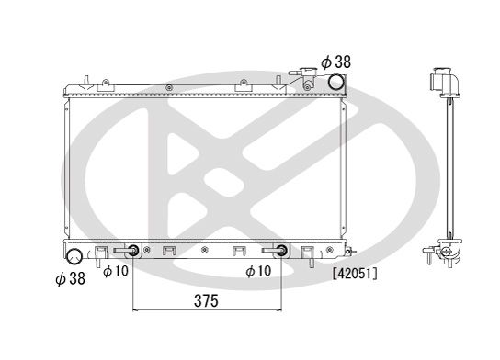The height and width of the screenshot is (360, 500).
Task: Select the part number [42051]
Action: pos(356,273)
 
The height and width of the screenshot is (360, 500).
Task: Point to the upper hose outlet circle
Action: pos(337,84)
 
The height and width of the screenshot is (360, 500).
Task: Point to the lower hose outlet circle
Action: pos(73,253)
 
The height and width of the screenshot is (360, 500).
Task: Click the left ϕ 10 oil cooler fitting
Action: pos(133,252)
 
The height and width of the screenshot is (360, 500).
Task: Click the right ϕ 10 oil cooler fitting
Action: pos(280,252)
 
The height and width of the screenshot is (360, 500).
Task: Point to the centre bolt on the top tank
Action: pos(171,87)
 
